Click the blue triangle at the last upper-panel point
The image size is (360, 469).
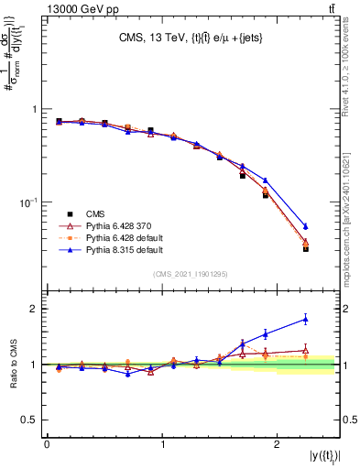tap(306, 225)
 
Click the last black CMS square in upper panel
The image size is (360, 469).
tap(306, 248)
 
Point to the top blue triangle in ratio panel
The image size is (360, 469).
tap(306, 319)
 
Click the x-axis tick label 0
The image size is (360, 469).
tap(47, 444)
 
